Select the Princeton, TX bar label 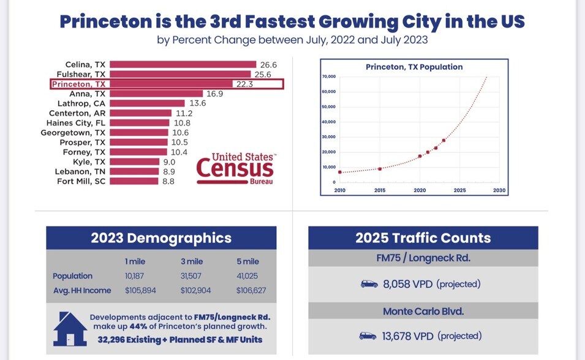pyautogui.click(x=78, y=84)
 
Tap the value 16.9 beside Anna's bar pyautogui.click(x=214, y=94)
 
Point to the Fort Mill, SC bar pyautogui.click(x=134, y=181)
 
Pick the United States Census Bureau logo pyautogui.click(x=235, y=168)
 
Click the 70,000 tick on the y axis pyautogui.click(x=328, y=77)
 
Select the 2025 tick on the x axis pyautogui.click(x=459, y=190)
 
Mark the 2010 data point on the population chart pyautogui.click(x=340, y=172)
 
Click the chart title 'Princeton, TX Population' pyautogui.click(x=414, y=67)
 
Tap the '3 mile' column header pyautogui.click(x=192, y=261)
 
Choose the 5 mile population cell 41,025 pyautogui.click(x=247, y=276)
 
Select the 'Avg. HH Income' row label pyautogui.click(x=82, y=290)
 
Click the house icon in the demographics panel pyautogui.click(x=70, y=331)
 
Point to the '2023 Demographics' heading pyautogui.click(x=161, y=238)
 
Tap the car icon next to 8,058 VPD pyautogui.click(x=369, y=284)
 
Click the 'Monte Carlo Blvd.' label pyautogui.click(x=423, y=311)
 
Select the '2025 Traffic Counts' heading pyautogui.click(x=423, y=238)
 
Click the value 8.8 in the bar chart pyautogui.click(x=168, y=181)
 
